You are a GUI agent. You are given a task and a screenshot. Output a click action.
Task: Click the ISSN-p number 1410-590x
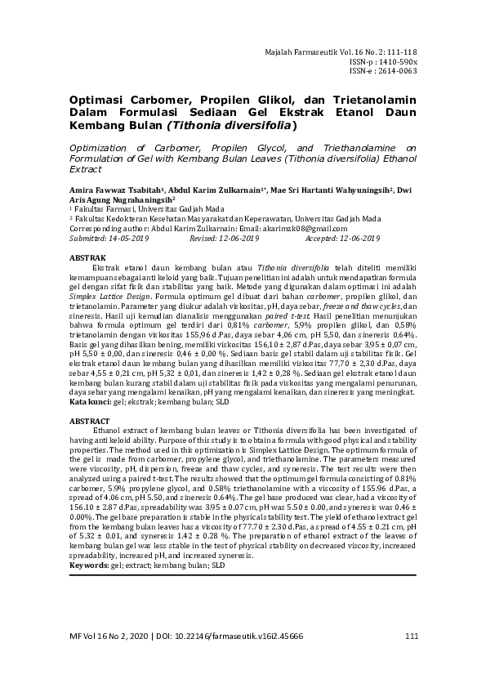click(399, 61)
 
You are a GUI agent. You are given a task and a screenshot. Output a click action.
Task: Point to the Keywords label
click(88, 565)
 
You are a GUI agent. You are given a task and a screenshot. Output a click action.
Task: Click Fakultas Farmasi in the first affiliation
click(102, 209)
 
